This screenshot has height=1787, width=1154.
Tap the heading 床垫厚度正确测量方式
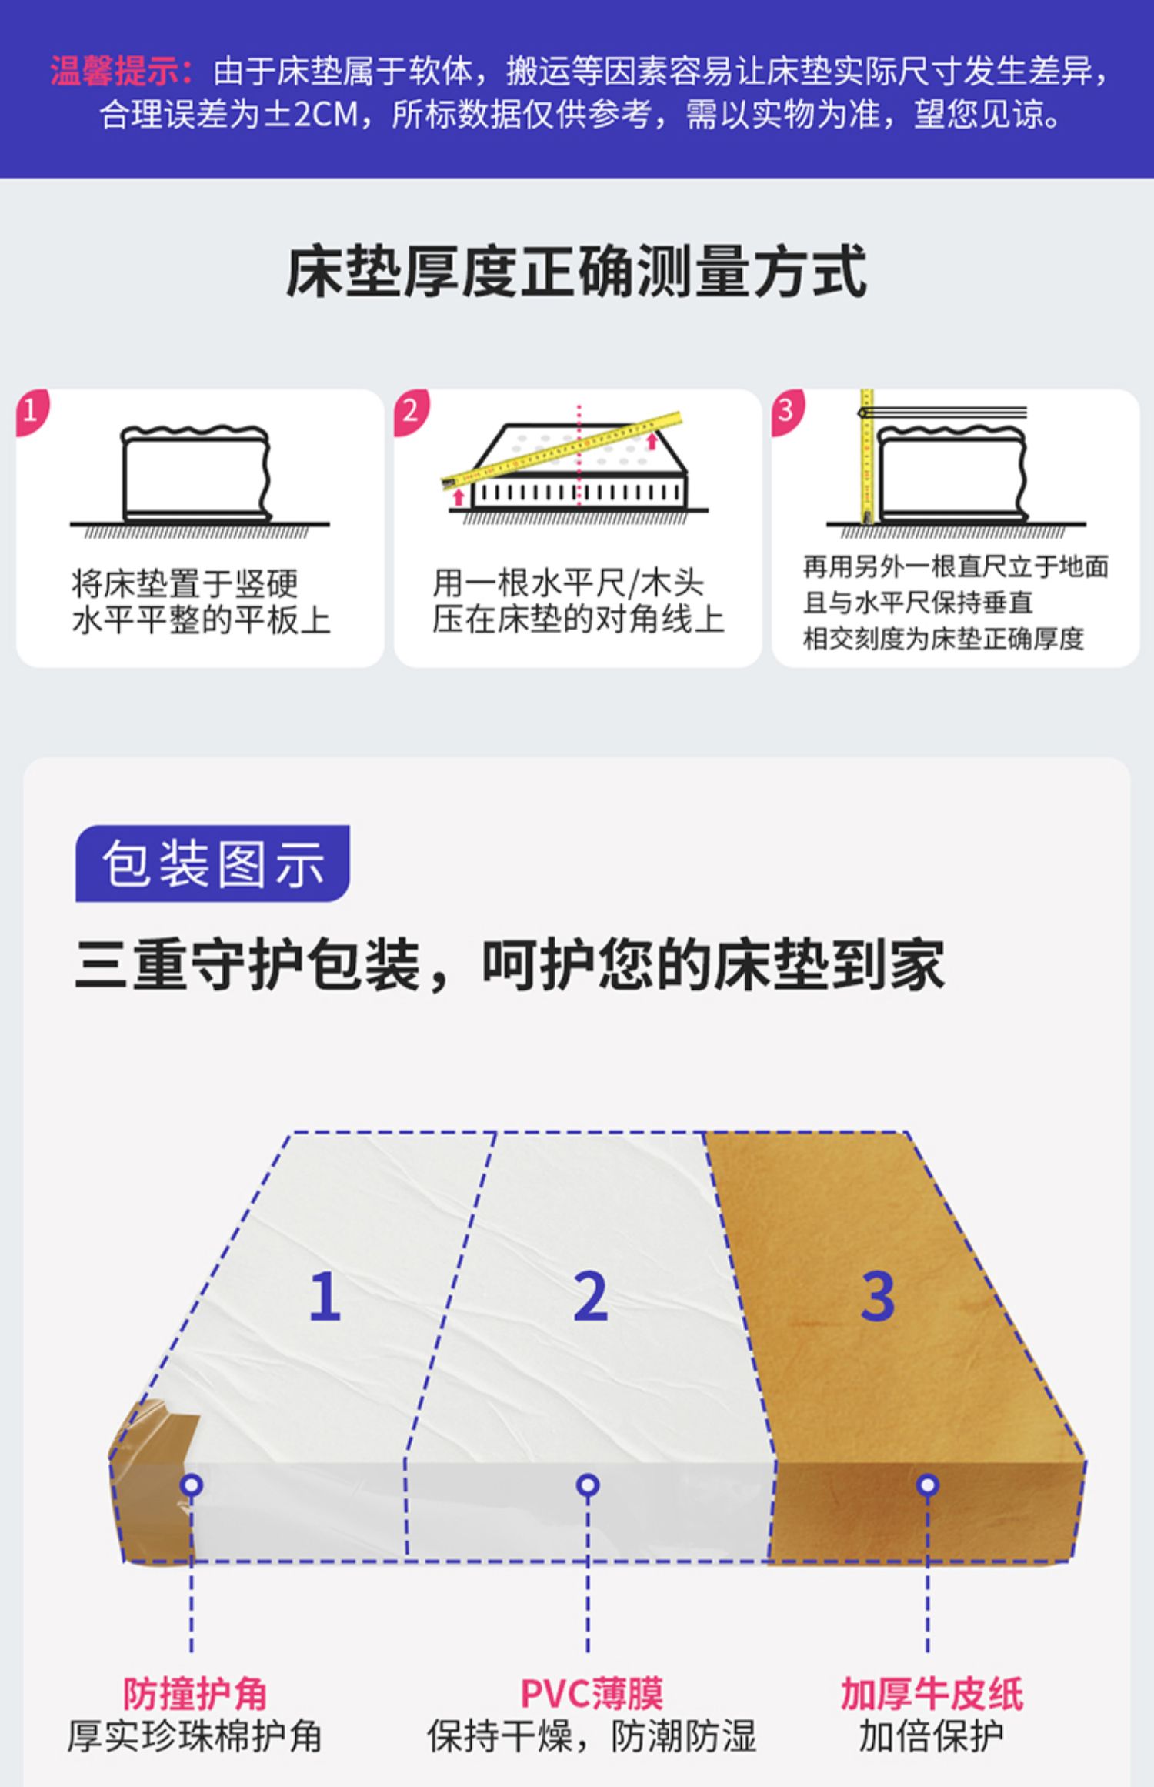pos(576,272)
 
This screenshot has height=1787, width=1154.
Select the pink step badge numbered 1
pos(31,409)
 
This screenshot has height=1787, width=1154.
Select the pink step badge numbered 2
pos(410,409)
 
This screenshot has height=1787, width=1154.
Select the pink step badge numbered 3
pos(786,409)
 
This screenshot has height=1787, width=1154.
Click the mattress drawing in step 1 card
pos(196,473)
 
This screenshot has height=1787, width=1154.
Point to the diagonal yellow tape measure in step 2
pos(562,449)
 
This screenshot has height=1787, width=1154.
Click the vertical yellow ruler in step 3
pos(866,458)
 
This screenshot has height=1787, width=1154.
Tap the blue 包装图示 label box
pos(212,863)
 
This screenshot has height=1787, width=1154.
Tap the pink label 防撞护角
pos(195,1694)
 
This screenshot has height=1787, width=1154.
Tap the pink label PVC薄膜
pos(591,1694)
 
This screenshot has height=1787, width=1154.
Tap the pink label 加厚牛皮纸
pos(931,1694)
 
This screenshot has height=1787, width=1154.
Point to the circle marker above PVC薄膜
pos(588,1485)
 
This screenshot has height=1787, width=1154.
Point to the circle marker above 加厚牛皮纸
pos(928,1485)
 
